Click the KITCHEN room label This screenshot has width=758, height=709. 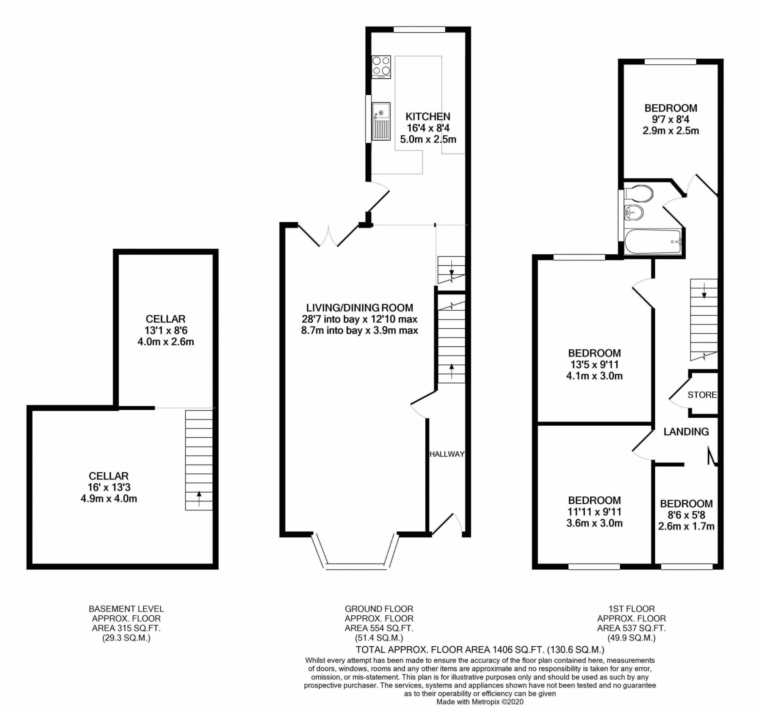pyautogui.click(x=428, y=116)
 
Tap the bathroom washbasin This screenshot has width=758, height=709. pyautogui.click(x=634, y=212)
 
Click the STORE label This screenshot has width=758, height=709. pyautogui.click(x=702, y=395)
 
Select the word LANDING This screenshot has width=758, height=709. pyautogui.click(x=686, y=432)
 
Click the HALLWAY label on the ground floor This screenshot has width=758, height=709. pyautogui.click(x=447, y=454)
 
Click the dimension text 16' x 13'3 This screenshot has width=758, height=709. pyautogui.click(x=109, y=487)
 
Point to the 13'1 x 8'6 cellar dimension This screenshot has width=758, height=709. pyautogui.click(x=166, y=330)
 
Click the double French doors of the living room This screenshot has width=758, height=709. pyautogui.click(x=328, y=236)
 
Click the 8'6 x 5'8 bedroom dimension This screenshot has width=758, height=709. pyautogui.click(x=686, y=515)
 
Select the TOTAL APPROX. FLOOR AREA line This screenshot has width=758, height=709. pyautogui.click(x=480, y=650)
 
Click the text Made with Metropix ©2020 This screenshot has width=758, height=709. pyautogui.click(x=480, y=702)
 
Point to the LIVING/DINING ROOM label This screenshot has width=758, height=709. pyautogui.click(x=360, y=308)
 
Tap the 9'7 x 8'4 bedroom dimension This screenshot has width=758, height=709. pyautogui.click(x=671, y=119)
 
